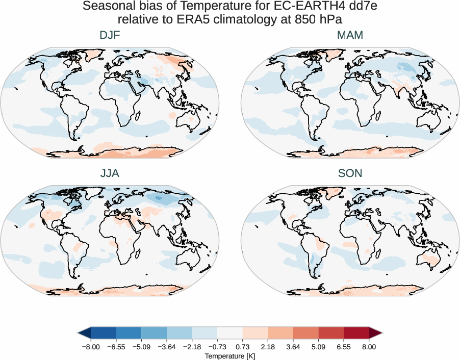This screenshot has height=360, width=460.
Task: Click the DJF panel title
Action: click(110, 35)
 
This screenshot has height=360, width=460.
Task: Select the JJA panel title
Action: click(110, 173)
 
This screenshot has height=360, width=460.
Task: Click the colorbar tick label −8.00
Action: click(91, 346)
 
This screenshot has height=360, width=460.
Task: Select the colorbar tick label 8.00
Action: click(369, 346)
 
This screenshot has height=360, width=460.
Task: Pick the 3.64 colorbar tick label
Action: click(293, 346)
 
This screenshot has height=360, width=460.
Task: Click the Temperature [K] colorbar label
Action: click(229, 355)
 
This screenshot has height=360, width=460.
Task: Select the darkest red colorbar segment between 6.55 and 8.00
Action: click(356, 333)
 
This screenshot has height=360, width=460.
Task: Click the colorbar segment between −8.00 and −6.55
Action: click(104, 333)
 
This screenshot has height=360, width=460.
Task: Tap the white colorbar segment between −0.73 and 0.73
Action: click(229, 333)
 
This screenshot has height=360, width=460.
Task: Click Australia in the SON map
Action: click(432, 259)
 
